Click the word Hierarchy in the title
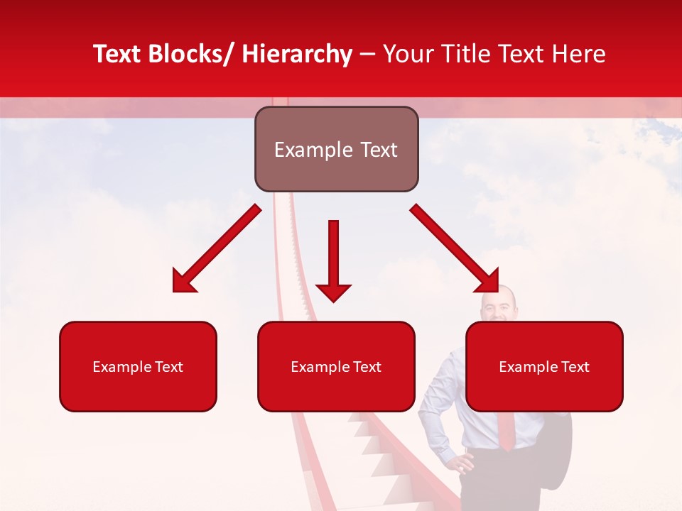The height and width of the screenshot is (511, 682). (x=297, y=54)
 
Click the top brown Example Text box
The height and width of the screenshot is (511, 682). (x=336, y=149)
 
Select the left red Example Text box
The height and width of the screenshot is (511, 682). (x=138, y=366)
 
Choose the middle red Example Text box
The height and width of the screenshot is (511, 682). (x=336, y=366)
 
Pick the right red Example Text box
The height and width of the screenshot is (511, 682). (x=544, y=366)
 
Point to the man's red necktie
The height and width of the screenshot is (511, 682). (x=506, y=429)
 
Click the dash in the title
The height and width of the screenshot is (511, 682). (x=367, y=54)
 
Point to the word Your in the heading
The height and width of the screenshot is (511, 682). (x=408, y=54)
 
